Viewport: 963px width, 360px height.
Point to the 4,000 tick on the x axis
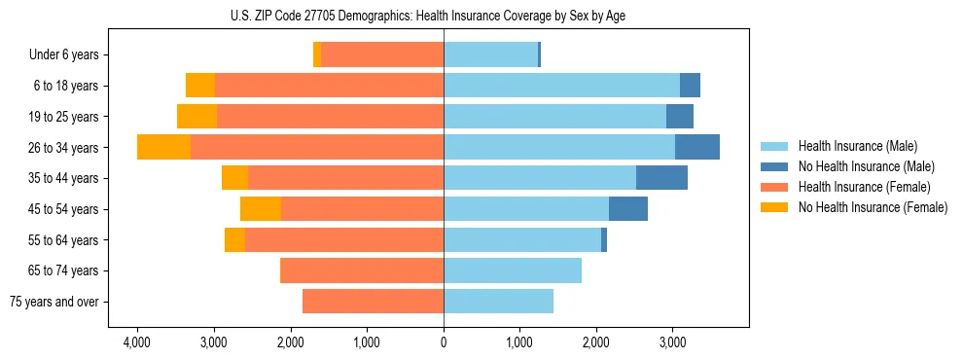(137, 342)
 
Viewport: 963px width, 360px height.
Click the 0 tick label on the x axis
(444, 342)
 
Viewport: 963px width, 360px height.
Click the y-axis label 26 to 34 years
(64, 148)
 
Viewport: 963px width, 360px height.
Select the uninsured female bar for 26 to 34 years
(163, 147)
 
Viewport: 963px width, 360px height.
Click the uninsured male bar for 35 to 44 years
(661, 178)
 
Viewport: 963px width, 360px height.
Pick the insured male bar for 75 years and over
(498, 302)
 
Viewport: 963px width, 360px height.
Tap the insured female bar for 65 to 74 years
(362, 270)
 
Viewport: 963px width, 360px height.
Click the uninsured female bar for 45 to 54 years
(261, 209)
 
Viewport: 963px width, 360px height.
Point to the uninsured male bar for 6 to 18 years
(690, 86)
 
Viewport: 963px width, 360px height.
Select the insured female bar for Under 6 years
(382, 55)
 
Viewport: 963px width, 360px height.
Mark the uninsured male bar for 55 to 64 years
(604, 240)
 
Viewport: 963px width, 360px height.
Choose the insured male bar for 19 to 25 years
(554, 117)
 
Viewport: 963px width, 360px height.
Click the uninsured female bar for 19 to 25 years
(196, 117)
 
